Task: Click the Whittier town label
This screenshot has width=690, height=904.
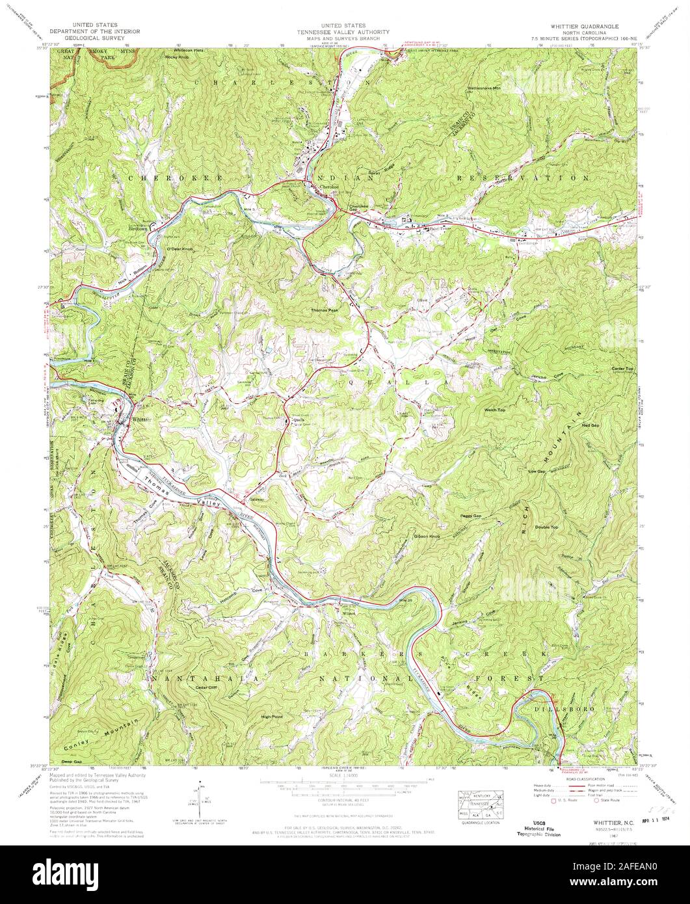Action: coord(141,420)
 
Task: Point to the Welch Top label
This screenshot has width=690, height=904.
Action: coord(496,411)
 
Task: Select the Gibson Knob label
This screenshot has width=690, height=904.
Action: coord(427,537)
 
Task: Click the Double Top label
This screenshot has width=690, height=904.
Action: coord(546,527)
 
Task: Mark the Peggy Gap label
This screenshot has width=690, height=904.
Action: coord(471,515)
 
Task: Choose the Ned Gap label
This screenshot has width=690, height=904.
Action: coord(590,425)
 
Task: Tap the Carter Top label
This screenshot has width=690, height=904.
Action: coord(622,369)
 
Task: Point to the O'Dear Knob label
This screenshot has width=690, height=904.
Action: coord(179,249)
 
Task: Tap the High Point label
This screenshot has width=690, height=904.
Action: coord(271,717)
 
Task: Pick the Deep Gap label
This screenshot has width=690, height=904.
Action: coord(72,761)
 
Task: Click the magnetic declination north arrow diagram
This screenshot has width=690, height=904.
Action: coord(199,799)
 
